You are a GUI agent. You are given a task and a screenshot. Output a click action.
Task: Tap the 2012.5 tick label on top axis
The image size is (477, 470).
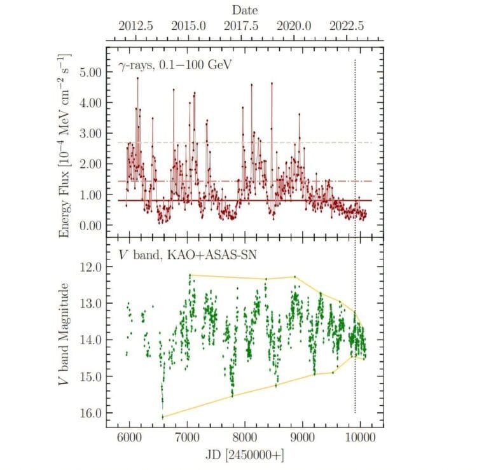pyautogui.click(x=135, y=27)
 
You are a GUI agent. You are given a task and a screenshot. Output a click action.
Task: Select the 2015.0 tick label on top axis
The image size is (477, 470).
pyautogui.click(x=189, y=27)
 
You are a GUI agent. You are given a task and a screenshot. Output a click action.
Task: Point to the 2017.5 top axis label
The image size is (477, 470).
pyautogui.click(x=242, y=27)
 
